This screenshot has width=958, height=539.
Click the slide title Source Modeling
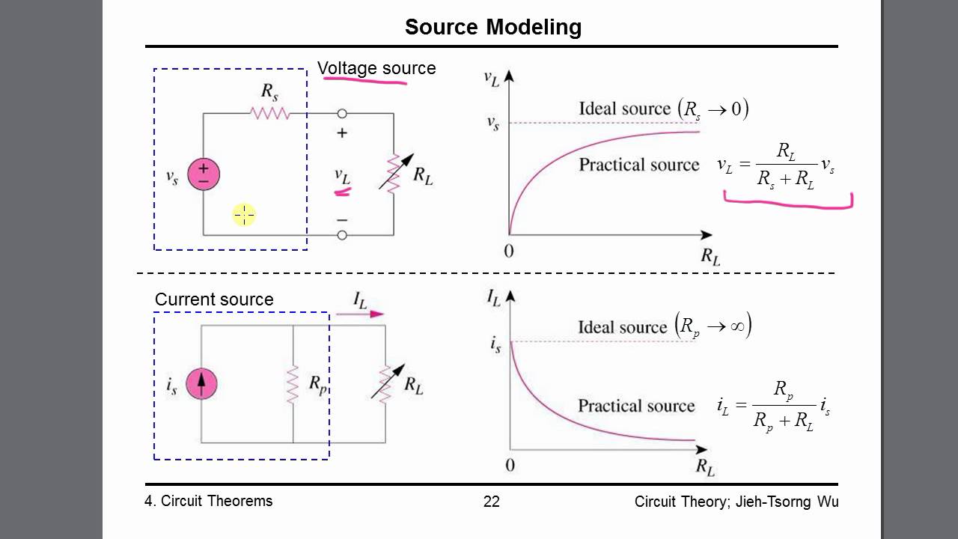pyautogui.click(x=493, y=27)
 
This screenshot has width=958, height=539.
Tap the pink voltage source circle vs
pyautogui.click(x=204, y=174)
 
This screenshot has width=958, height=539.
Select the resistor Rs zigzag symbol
pyautogui.click(x=270, y=113)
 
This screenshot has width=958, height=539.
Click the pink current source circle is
pyautogui.click(x=201, y=384)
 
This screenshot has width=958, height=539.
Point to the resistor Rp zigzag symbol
pyautogui.click(x=293, y=384)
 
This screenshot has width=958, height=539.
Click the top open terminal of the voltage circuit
pyautogui.click(x=342, y=113)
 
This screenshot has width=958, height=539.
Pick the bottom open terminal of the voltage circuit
pyautogui.click(x=342, y=235)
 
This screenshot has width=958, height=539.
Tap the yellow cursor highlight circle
pyautogui.click(x=244, y=215)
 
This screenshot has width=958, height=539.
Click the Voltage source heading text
pyautogui.click(x=376, y=68)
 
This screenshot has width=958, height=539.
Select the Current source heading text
pyautogui.click(x=214, y=299)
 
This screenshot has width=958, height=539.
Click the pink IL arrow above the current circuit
pyautogui.click(x=360, y=314)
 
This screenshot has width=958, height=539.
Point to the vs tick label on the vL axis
pyautogui.click(x=493, y=124)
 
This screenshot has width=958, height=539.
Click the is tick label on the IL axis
pyautogui.click(x=495, y=344)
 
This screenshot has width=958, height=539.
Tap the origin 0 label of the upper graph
pyautogui.click(x=508, y=251)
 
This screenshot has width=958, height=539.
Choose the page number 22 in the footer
pyautogui.click(x=492, y=502)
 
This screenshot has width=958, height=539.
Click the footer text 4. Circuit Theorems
pyautogui.click(x=208, y=501)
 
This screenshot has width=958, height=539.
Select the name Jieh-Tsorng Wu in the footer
pyautogui.click(x=787, y=502)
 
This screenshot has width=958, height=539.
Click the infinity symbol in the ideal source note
pyautogui.click(x=737, y=327)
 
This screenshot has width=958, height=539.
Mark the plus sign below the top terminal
pyautogui.click(x=342, y=133)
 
